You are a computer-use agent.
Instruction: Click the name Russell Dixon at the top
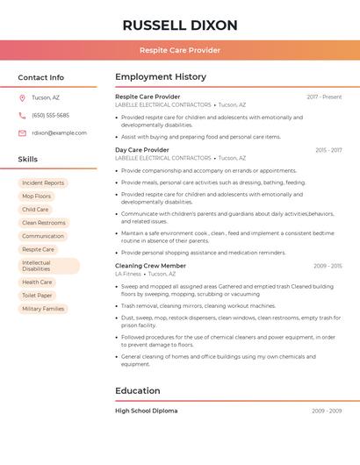(x=180, y=25)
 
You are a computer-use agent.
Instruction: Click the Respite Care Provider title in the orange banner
(x=180, y=50)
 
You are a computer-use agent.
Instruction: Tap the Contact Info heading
(x=41, y=77)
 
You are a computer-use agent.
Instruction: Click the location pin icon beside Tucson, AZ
(x=23, y=97)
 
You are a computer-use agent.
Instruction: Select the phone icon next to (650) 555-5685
(x=23, y=115)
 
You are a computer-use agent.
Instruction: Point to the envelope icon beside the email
(x=23, y=132)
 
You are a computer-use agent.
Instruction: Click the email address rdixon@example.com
(x=59, y=132)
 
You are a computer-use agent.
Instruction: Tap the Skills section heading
(x=28, y=159)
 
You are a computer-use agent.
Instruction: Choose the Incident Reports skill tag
(x=43, y=182)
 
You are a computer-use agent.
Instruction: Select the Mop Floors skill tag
(x=37, y=196)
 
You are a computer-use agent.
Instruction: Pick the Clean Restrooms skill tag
(x=44, y=223)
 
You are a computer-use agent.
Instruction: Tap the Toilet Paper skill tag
(x=38, y=296)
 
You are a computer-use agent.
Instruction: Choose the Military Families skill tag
(x=43, y=309)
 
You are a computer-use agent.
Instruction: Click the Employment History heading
(x=161, y=77)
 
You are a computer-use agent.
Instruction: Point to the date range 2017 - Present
(x=324, y=97)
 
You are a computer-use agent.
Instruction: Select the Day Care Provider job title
(x=141, y=150)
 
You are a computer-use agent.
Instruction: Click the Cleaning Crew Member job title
(x=150, y=265)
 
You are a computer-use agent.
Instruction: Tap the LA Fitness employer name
(x=128, y=274)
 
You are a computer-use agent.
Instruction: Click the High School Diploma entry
(x=146, y=411)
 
